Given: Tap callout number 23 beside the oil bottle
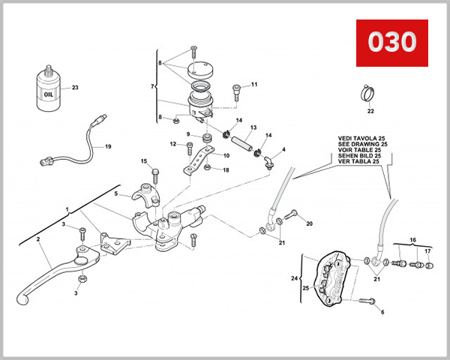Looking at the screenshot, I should (x=75, y=88).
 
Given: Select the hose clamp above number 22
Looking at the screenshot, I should (x=369, y=94).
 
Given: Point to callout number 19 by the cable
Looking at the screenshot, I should (x=107, y=147).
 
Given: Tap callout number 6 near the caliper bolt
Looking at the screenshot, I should (x=382, y=311).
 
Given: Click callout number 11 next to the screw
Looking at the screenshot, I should (x=253, y=84).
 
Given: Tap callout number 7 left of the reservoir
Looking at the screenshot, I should (x=153, y=87).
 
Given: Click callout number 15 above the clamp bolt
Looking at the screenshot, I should (x=143, y=161).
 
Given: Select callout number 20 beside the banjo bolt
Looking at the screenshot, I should (x=309, y=223).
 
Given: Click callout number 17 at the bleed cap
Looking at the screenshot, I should (x=427, y=251).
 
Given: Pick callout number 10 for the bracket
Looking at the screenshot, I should (x=227, y=155).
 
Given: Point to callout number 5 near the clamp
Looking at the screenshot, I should (x=116, y=193).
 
